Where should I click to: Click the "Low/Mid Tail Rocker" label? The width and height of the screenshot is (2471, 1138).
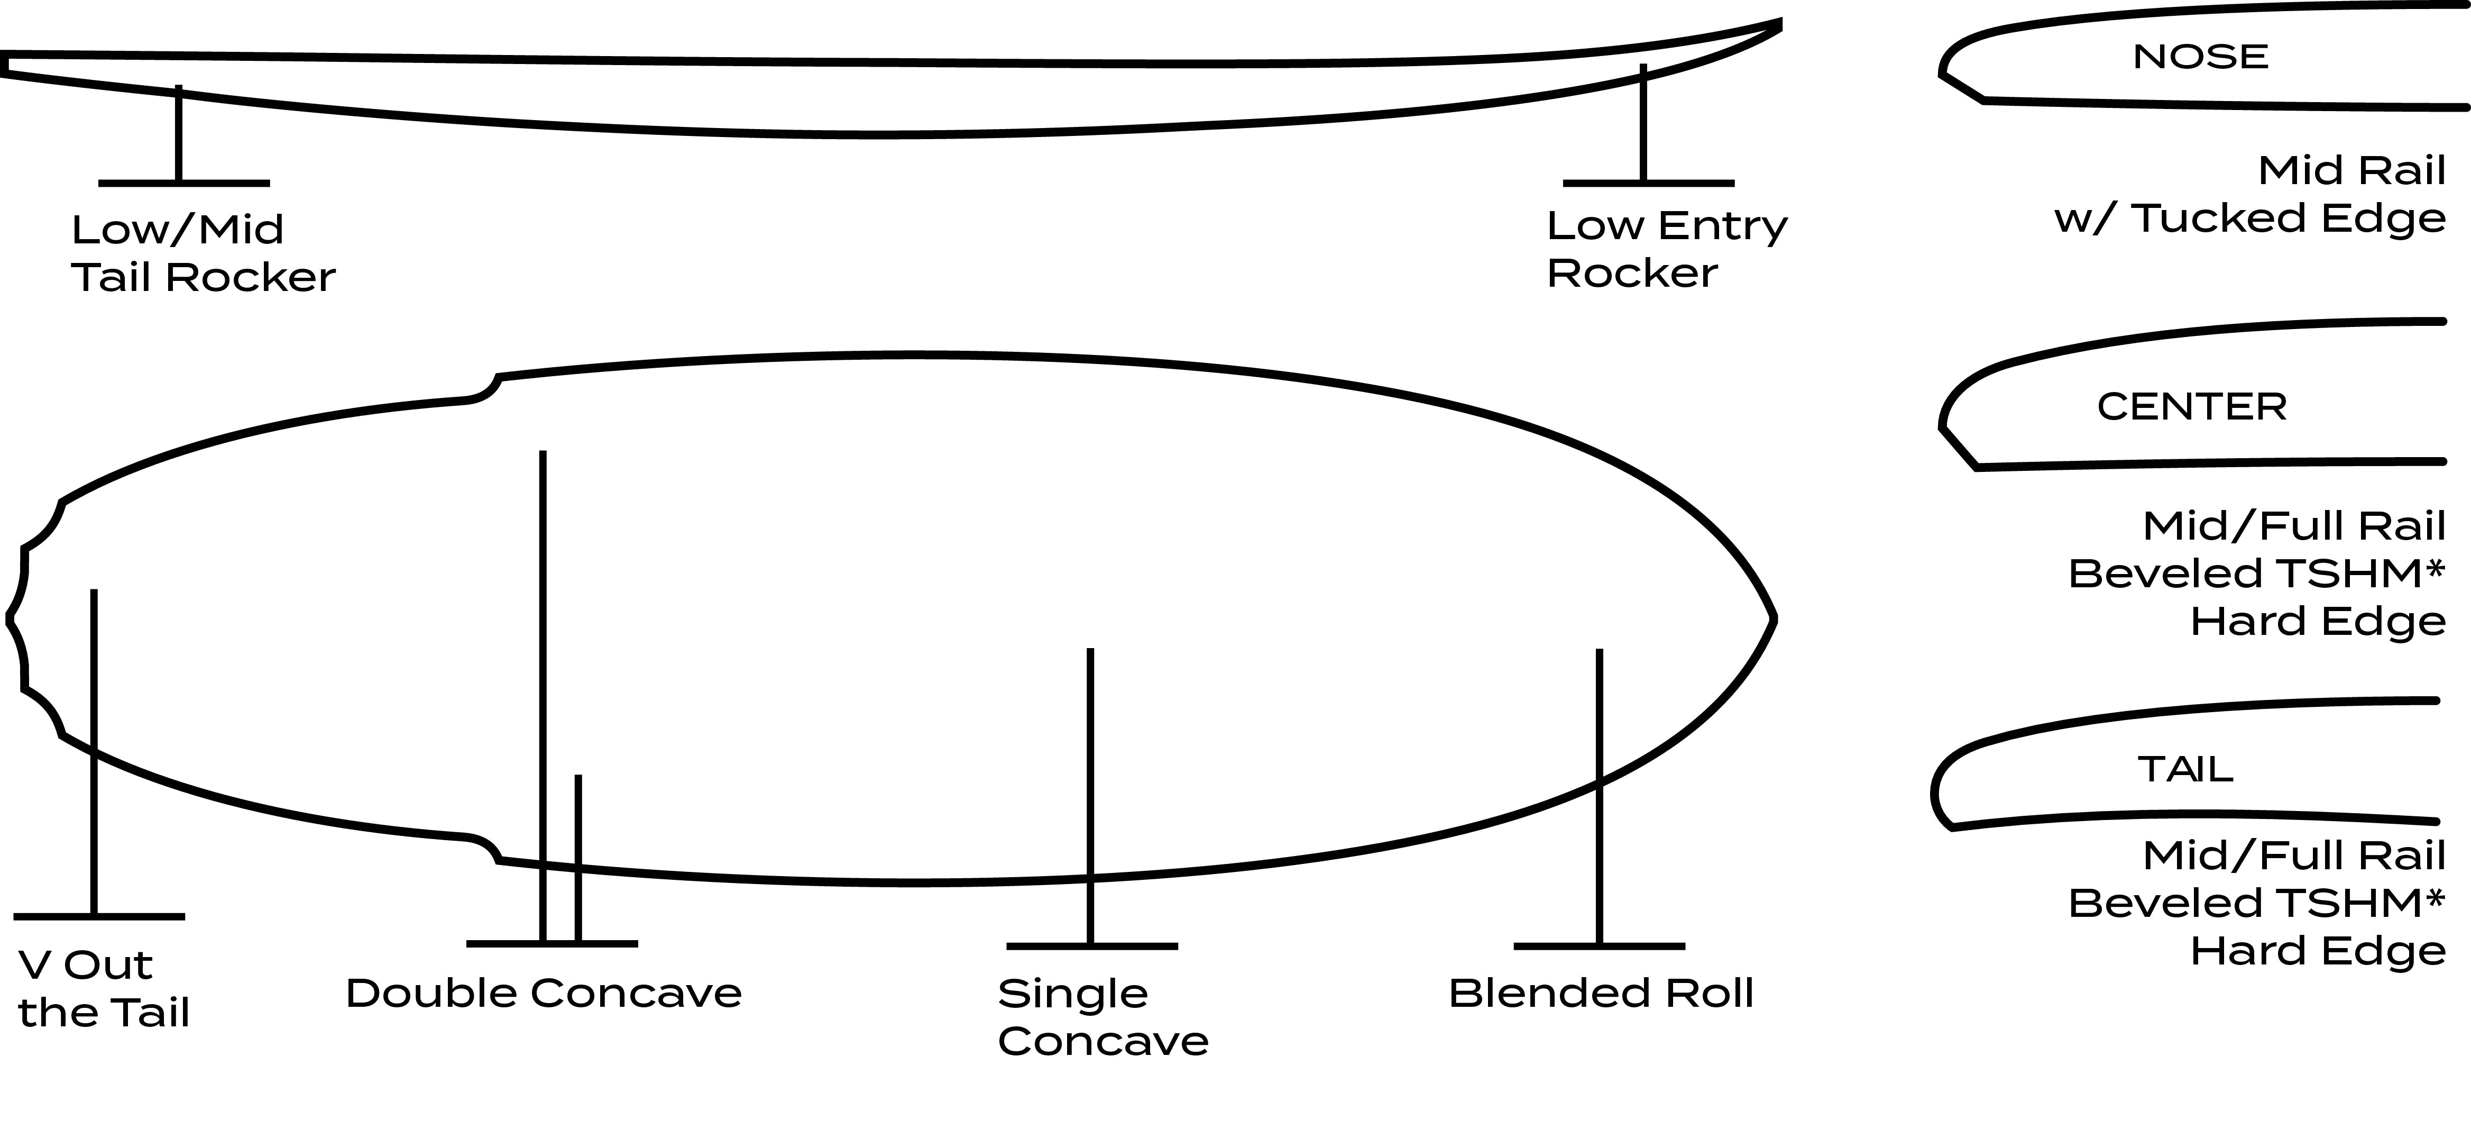203,253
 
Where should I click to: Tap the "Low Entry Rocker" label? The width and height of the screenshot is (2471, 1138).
1666,250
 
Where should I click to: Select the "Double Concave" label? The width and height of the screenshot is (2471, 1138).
543,993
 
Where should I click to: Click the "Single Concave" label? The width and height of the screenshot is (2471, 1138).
1102,1017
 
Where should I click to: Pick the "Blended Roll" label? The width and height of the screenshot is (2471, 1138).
1600,993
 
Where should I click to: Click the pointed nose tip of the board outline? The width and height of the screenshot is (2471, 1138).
1772,619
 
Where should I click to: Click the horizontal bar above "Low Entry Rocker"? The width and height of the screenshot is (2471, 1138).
1648,183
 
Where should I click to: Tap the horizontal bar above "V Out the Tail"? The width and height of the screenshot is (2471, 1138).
99,916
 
